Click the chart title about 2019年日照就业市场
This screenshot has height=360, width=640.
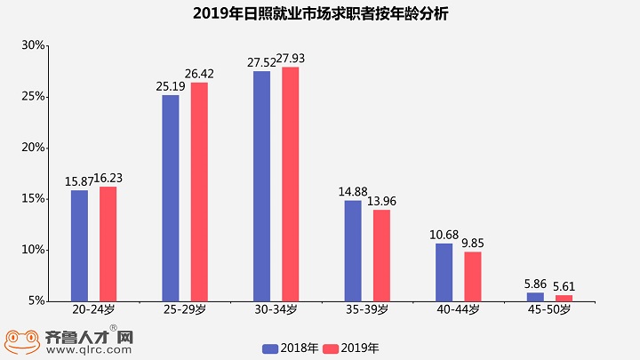[x=320, y=15]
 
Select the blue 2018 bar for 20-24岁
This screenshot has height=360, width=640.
[x=80, y=245]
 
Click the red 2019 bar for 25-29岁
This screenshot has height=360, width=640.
[x=199, y=191]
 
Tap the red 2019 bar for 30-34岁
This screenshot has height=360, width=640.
[x=291, y=184]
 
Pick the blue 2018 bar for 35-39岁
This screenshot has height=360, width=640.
[x=353, y=251]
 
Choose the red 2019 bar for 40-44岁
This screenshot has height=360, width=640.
[x=473, y=276]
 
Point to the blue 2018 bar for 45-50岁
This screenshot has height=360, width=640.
[x=535, y=297]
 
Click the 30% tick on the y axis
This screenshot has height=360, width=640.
[x=33, y=45]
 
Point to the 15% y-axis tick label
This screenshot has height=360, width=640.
[x=33, y=199]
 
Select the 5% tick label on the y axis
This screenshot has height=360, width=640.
[x=36, y=301]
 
